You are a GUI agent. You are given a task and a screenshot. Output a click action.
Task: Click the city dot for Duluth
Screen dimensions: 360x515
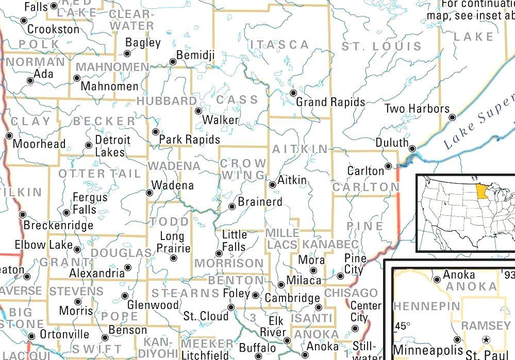tap(412, 149)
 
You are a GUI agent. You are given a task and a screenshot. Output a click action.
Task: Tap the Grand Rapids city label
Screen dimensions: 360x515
tap(330, 102)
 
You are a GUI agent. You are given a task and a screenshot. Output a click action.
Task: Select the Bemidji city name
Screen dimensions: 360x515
tap(195, 55)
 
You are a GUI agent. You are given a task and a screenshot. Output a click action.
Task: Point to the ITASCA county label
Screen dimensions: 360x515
tap(279, 45)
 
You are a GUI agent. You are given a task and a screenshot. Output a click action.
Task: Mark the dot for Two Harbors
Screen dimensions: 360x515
tap(452, 117)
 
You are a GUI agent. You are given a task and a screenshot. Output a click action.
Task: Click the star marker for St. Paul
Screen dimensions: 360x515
tap(486, 340)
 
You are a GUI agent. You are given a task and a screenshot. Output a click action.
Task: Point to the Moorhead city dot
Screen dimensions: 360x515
tap(9, 135)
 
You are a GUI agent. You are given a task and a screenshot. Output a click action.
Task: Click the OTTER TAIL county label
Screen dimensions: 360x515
tap(99, 174)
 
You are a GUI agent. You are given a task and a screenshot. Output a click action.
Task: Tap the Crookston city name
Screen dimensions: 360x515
tap(53, 29)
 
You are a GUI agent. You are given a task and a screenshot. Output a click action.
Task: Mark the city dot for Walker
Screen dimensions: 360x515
tap(198, 111)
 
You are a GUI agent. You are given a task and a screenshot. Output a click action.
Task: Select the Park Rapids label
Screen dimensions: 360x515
tap(189, 140)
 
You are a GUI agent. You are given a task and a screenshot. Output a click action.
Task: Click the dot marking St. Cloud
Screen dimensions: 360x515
tap(231, 307)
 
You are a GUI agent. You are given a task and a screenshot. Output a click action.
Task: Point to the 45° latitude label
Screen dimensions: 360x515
tap(403, 327)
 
